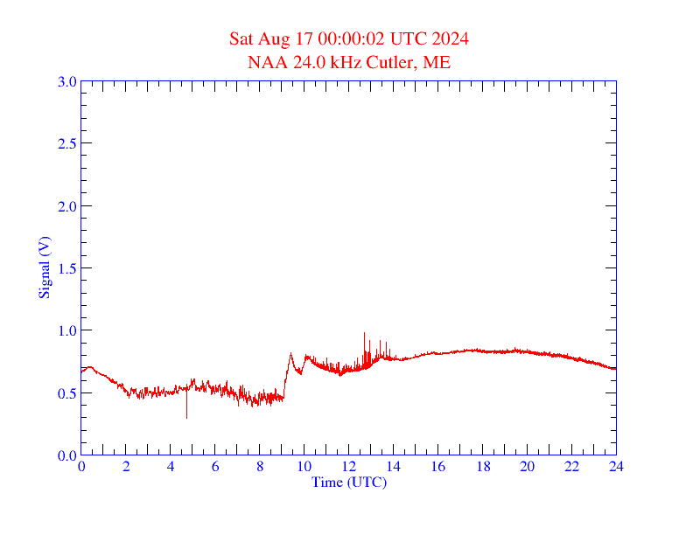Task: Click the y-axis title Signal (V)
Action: pyautogui.click(x=43, y=267)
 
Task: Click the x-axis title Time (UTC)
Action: pyautogui.click(x=349, y=482)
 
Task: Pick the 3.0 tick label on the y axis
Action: pyautogui.click(x=67, y=81)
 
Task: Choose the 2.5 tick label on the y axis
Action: pyautogui.click(x=67, y=143)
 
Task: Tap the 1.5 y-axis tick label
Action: pyautogui.click(x=67, y=268)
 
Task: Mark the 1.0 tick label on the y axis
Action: pyautogui.click(x=67, y=330)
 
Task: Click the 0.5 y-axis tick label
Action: pyautogui.click(x=67, y=393)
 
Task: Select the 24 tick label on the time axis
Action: pyautogui.click(x=616, y=468)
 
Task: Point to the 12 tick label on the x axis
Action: pyautogui.click(x=349, y=468)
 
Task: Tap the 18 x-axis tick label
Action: pyautogui.click(x=482, y=468)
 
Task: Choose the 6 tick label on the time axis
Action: pyautogui.click(x=215, y=468)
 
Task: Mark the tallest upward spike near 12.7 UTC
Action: pyautogui.click(x=364, y=335)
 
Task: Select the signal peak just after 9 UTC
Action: pyautogui.click(x=290, y=354)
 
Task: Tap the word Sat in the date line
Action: pyautogui.click(x=241, y=38)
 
